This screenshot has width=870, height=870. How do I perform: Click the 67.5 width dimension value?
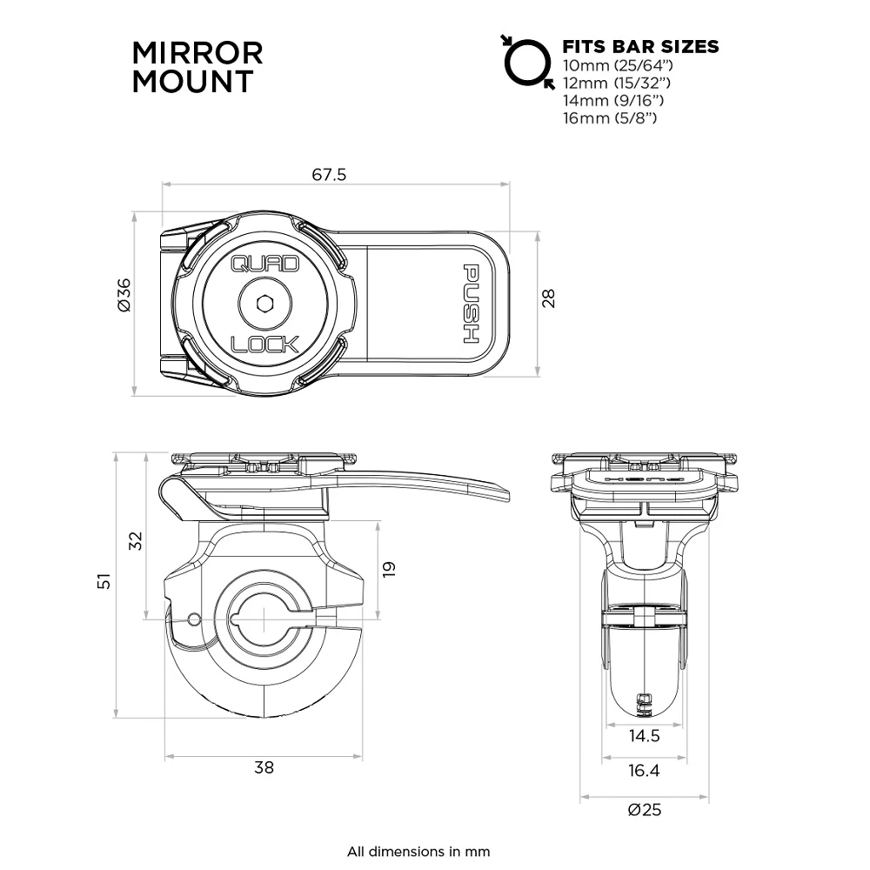[x=329, y=175]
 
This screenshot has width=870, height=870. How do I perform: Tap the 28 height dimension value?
[x=548, y=298]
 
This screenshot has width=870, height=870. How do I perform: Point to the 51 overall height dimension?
[x=104, y=581]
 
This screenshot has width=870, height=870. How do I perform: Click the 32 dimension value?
[x=136, y=540]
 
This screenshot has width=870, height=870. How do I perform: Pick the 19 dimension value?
[x=388, y=569]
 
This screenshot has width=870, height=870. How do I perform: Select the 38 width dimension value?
[x=264, y=767]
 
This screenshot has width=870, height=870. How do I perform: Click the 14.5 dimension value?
[x=644, y=736]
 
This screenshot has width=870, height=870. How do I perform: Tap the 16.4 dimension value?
[x=644, y=770]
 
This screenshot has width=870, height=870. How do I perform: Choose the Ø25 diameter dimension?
[x=645, y=809]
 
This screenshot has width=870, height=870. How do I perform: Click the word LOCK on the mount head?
[x=264, y=344]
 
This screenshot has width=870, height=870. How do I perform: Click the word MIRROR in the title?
[x=197, y=52]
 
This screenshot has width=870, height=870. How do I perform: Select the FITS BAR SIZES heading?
[x=640, y=47]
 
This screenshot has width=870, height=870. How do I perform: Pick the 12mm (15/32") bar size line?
[x=618, y=83]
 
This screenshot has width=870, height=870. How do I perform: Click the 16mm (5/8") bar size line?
[x=609, y=117]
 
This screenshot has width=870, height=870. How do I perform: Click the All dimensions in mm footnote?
[x=418, y=851]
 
